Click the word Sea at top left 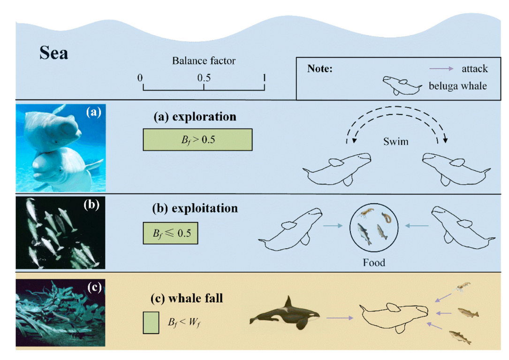pyautogui.click(x=53, y=53)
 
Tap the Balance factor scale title pyautogui.click(x=204, y=61)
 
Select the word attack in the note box pyautogui.click(x=475, y=69)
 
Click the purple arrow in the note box pyautogui.click(x=441, y=69)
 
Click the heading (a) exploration pyautogui.click(x=195, y=117)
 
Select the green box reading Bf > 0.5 pyautogui.click(x=198, y=139)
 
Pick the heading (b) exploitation pyautogui.click(x=195, y=207)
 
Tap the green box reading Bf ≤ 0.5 pyautogui.click(x=170, y=234)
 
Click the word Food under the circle pyautogui.click(x=374, y=262)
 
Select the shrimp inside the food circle pyautogui.click(x=365, y=214)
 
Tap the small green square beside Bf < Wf pyautogui.click(x=151, y=324)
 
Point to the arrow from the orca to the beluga pyautogui.click(x=339, y=318)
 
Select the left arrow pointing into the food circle pyautogui.click(x=334, y=226)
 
